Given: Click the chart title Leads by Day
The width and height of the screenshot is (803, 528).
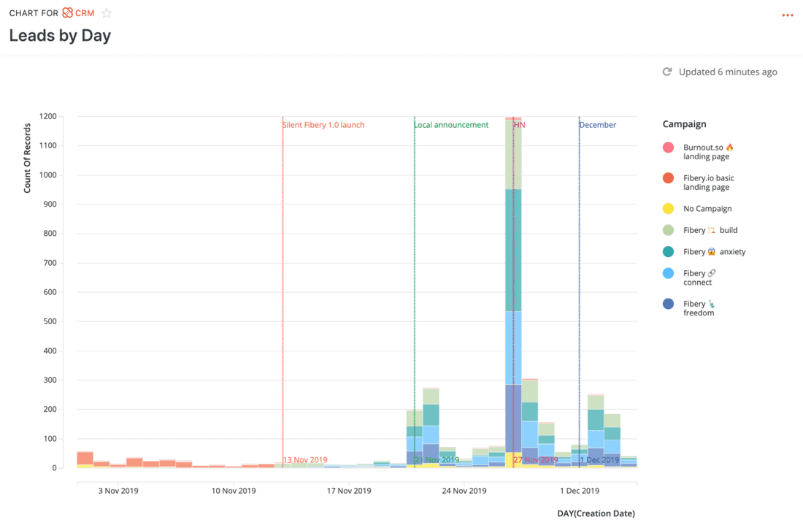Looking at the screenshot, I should pos(60,35).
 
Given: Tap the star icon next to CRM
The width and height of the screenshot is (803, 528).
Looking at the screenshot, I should pos(107,13).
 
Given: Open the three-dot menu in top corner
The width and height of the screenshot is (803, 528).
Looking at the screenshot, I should pos(787,15).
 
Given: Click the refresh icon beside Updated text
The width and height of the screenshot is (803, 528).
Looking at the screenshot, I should pos(666,72).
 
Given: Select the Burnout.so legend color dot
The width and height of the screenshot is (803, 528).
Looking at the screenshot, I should pos(668,148).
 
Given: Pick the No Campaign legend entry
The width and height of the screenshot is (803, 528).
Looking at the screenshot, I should pos(707,209).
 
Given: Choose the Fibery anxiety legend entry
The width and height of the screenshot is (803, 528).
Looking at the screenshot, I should pos(714,252).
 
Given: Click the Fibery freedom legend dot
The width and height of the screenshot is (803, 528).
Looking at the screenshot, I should pos(668,304).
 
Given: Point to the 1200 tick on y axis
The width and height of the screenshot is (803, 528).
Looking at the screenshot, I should pos(49,117).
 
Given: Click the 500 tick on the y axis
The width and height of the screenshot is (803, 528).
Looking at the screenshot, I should pos(49,321).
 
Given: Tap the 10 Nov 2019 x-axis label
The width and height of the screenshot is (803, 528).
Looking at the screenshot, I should pos(234,491).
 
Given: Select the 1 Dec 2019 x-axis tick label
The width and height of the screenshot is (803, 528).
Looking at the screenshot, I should pos(580,491).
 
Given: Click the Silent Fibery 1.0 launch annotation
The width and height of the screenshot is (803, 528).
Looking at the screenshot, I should pos(323,125).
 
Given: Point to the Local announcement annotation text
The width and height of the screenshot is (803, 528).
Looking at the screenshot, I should pos(451,125).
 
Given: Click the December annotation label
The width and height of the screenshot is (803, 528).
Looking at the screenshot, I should pos(598,125).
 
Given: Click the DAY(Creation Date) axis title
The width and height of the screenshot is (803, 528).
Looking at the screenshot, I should pos(596,513).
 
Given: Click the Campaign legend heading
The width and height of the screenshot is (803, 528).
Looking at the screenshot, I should pos(684,124).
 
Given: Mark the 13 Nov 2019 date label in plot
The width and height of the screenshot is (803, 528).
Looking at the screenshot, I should pos(305,460).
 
